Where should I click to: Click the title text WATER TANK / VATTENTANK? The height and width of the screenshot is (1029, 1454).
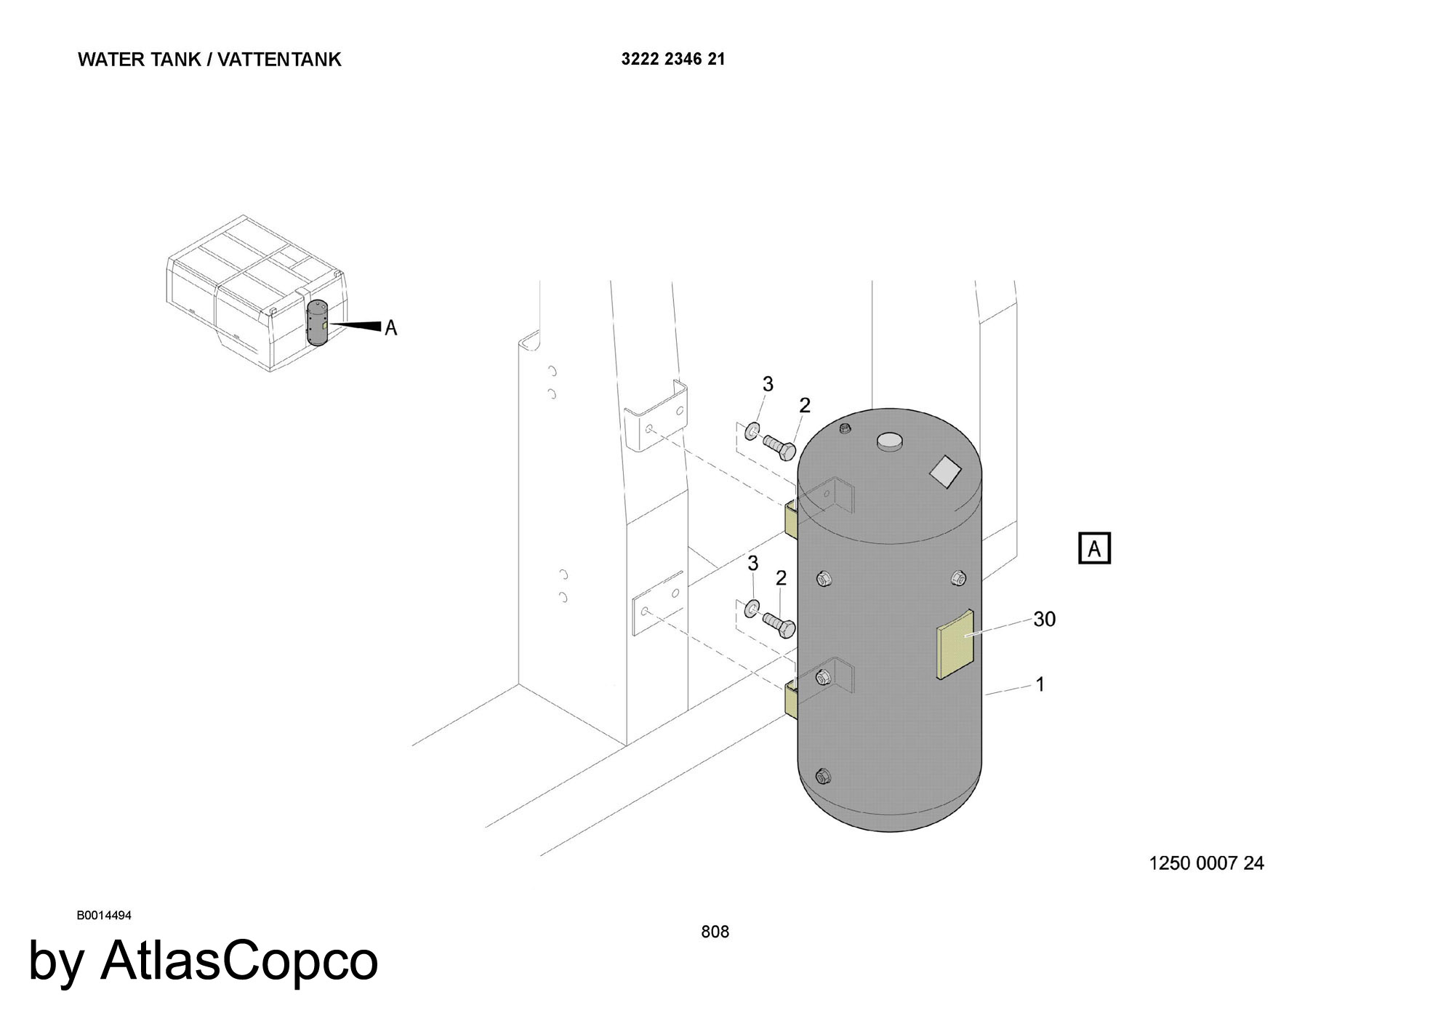click(209, 60)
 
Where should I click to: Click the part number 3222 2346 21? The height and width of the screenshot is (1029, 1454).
click(673, 60)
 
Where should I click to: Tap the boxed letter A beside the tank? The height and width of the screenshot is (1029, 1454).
click(1094, 548)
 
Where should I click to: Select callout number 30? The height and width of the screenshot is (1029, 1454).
click(1044, 619)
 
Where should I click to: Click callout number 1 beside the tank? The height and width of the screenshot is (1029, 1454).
click(1040, 684)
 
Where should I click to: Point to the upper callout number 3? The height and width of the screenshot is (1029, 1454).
click(768, 384)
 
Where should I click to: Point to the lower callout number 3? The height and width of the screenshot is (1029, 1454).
click(753, 564)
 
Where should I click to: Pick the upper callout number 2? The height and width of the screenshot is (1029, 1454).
click(805, 406)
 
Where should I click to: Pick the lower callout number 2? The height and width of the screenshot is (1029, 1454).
click(782, 579)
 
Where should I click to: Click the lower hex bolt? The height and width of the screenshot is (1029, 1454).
click(779, 625)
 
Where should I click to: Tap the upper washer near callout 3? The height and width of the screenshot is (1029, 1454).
click(752, 431)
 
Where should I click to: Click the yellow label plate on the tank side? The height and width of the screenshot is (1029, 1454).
click(955, 644)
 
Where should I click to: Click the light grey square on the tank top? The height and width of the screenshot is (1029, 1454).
click(946, 471)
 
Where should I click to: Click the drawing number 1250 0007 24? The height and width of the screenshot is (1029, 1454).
click(1206, 863)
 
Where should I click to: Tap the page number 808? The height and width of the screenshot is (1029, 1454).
click(715, 932)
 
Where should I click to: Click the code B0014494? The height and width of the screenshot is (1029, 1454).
click(104, 916)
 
